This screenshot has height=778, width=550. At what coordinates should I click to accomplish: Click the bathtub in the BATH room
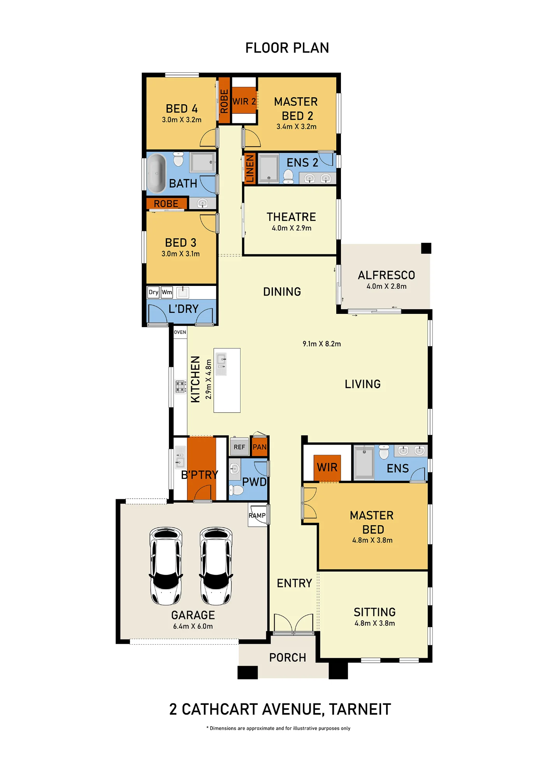(156, 173)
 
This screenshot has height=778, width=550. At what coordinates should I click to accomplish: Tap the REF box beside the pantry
(239, 447)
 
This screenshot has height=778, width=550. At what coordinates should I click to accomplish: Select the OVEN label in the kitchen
(180, 332)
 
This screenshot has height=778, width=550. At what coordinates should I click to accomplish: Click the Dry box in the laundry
(153, 292)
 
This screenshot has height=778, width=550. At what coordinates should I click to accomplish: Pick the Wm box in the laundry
(167, 292)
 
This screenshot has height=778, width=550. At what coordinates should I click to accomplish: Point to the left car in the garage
(166, 566)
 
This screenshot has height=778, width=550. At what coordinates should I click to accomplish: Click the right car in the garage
(216, 566)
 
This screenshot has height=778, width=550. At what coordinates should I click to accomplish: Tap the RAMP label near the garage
(257, 515)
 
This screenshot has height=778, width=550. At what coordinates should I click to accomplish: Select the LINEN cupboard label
(250, 168)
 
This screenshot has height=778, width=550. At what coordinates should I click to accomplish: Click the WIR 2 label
(244, 102)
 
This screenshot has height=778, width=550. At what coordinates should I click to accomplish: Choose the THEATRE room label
(291, 217)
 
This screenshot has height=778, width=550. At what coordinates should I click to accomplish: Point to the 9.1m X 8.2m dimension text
(322, 344)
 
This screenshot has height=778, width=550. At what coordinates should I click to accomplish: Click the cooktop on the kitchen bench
(180, 387)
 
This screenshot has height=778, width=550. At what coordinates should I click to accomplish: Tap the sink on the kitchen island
(221, 364)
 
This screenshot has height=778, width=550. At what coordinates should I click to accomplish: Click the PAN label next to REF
(260, 447)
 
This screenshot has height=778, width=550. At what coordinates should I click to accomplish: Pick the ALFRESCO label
(387, 275)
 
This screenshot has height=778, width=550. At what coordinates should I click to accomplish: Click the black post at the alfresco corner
(426, 248)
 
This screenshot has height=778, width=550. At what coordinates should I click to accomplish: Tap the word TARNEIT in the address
(360, 710)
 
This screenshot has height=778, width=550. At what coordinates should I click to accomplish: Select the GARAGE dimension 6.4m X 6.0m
(193, 626)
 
